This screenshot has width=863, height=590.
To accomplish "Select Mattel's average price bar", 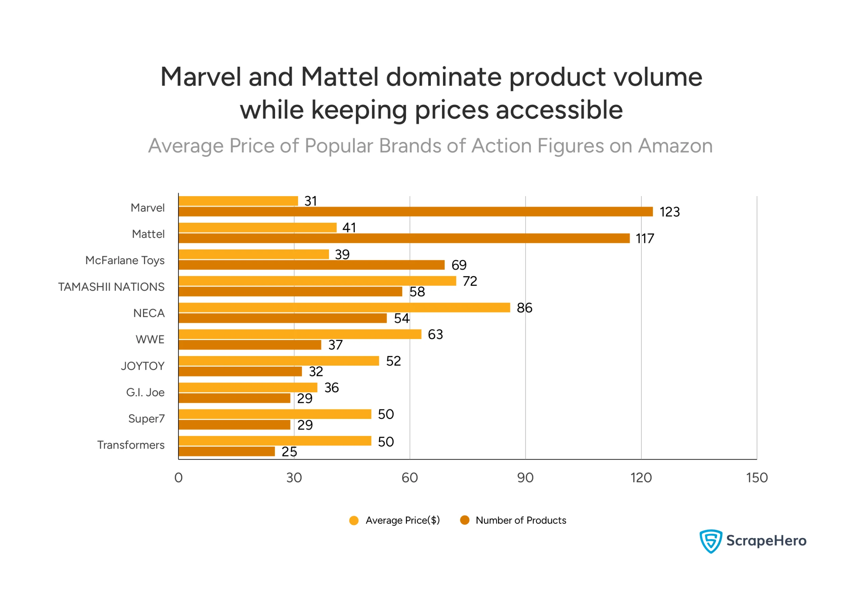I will coord(257,227).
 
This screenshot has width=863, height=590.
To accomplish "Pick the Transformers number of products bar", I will coord(227,452).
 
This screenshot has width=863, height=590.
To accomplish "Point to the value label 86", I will coord(524,308).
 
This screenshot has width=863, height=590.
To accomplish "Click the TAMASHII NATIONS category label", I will coord(111,287).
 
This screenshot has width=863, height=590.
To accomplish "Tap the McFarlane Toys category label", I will coord(125,260).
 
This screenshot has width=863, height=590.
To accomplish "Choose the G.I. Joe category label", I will coord(145,392).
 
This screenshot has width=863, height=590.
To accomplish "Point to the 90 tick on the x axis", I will coord(525,477).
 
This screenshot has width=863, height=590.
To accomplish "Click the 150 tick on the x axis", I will coord(756,477).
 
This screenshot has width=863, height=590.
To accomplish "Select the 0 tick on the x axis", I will coord(178,477).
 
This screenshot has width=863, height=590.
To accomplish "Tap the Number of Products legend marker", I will coord(465,520).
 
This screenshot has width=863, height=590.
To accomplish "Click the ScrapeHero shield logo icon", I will coord(710,541).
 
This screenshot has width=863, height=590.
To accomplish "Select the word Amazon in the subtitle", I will coord(675,146).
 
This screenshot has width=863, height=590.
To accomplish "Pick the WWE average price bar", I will coord(300,334).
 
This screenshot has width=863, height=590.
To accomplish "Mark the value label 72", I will coord(469,281).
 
